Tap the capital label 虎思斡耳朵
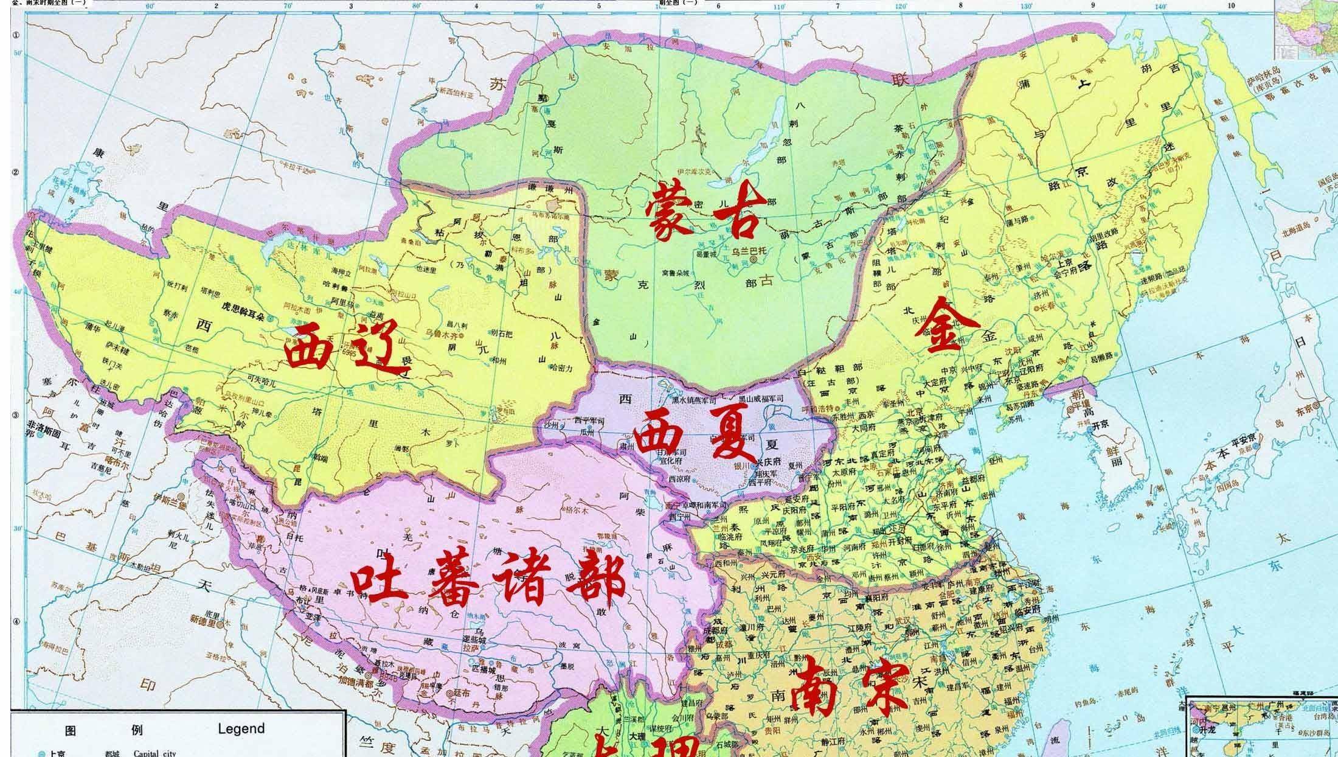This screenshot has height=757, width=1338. (243, 318)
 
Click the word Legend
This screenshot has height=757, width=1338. (241, 728)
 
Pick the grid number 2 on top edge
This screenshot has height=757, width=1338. (215, 5)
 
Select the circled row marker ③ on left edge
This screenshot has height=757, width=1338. (16, 415)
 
